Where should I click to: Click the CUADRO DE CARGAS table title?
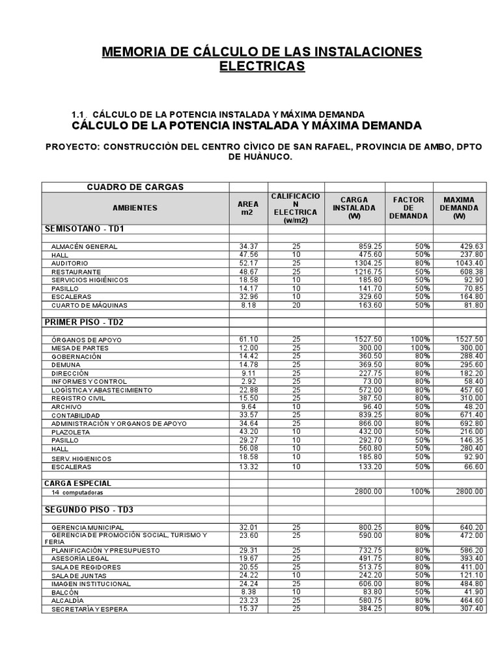tap(135, 187)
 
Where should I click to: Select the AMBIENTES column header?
tap(135, 208)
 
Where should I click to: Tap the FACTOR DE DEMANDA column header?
tap(408, 208)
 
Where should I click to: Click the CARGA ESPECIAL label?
tap(77, 483)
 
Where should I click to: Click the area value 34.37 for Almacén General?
tap(249, 246)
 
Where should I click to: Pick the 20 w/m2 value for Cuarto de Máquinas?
tap(296, 305)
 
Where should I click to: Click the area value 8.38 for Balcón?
tap(249, 593)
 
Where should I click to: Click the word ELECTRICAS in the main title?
tap(262, 66)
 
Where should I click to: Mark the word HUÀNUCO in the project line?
tap(266, 157)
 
